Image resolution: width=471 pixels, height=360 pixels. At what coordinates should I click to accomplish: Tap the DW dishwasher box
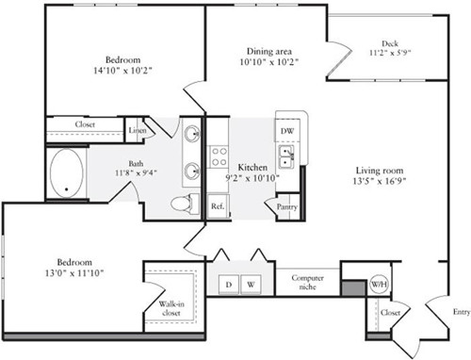click(287, 130)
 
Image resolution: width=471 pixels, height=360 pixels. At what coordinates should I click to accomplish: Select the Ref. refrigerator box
click(218, 206)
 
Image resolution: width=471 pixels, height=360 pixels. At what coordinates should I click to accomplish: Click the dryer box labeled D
click(229, 285)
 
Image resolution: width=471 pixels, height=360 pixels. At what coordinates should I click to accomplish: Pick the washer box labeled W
click(251, 285)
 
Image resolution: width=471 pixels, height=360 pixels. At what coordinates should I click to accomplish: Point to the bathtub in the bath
click(67, 173)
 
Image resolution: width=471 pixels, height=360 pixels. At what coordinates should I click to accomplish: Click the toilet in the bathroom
click(185, 204)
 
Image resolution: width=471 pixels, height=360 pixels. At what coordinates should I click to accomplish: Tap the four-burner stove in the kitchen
click(219, 156)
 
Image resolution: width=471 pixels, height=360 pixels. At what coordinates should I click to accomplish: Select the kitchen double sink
click(286, 156)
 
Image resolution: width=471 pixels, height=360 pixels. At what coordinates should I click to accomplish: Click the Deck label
click(390, 43)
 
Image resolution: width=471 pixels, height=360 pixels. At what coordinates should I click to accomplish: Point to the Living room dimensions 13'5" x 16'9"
click(380, 181)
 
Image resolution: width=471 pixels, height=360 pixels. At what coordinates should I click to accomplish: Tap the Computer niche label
click(307, 282)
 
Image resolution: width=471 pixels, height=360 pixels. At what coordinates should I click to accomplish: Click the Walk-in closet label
click(171, 308)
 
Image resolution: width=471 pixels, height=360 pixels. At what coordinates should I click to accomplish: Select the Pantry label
click(287, 206)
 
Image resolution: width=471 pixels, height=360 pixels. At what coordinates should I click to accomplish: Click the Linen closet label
click(138, 130)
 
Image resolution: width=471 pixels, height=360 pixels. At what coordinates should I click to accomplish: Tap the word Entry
click(462, 312)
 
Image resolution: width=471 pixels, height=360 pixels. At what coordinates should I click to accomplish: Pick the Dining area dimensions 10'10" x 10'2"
click(268, 62)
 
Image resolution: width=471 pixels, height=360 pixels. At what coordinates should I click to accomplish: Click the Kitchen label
click(252, 167)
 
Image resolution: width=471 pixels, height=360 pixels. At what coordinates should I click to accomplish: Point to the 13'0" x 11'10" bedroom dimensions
click(74, 273)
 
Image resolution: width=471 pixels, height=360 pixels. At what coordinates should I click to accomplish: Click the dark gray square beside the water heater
click(353, 288)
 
